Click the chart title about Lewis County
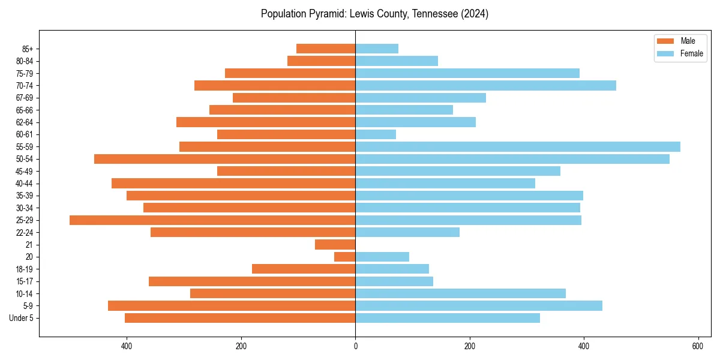(374, 14)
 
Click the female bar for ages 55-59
(518, 147)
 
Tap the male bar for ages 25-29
(212, 220)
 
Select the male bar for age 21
(335, 245)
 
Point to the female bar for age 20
(382, 257)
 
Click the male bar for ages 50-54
(225, 159)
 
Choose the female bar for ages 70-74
(485, 86)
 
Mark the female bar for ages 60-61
(376, 134)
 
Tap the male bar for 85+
(326, 49)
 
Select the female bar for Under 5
(448, 318)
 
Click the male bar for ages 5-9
(232, 306)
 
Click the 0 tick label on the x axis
(355, 346)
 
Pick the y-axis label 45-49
(25, 172)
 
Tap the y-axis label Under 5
(21, 318)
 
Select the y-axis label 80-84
(25, 61)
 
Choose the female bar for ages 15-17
(394, 281)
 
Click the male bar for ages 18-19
(304, 269)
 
